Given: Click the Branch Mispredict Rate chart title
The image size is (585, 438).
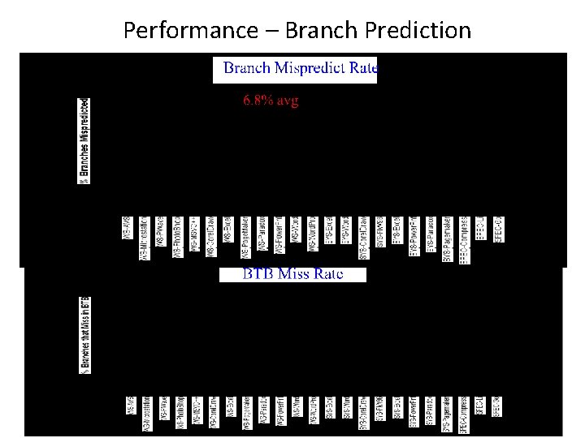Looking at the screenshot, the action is (x=300, y=69).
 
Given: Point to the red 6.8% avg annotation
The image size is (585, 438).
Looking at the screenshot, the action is (x=271, y=101).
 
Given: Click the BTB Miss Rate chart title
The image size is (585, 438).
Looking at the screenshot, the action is (x=292, y=274).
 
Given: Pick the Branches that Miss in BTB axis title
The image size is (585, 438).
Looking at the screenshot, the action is (x=84, y=335).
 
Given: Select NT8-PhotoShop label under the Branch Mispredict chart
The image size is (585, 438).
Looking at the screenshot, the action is (x=176, y=237).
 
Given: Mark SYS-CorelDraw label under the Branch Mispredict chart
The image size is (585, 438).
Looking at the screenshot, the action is (x=362, y=236).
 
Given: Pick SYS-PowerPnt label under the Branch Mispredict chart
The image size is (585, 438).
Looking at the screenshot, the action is (x=413, y=235).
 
